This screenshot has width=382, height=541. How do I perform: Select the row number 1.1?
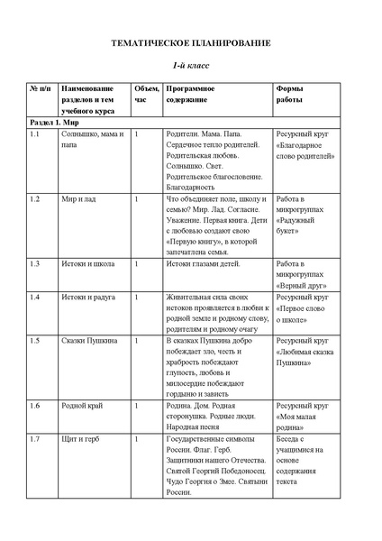(x=35, y=133)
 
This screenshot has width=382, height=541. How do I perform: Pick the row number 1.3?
(x=35, y=263)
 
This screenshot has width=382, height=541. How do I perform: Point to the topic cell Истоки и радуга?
(x=88, y=297)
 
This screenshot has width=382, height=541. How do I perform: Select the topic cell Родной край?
(x=82, y=406)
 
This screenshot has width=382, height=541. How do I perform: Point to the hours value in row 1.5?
(x=137, y=341)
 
